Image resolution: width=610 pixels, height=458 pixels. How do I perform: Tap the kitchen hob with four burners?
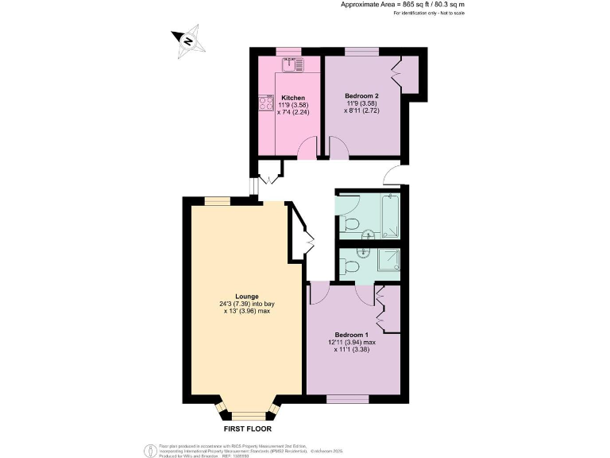264,103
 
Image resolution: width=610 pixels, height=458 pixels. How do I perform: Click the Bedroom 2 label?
361,96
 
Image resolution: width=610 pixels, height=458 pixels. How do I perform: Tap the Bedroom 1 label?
350,334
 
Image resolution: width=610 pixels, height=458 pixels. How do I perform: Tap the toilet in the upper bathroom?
350,223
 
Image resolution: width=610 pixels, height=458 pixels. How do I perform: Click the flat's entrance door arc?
392,173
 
